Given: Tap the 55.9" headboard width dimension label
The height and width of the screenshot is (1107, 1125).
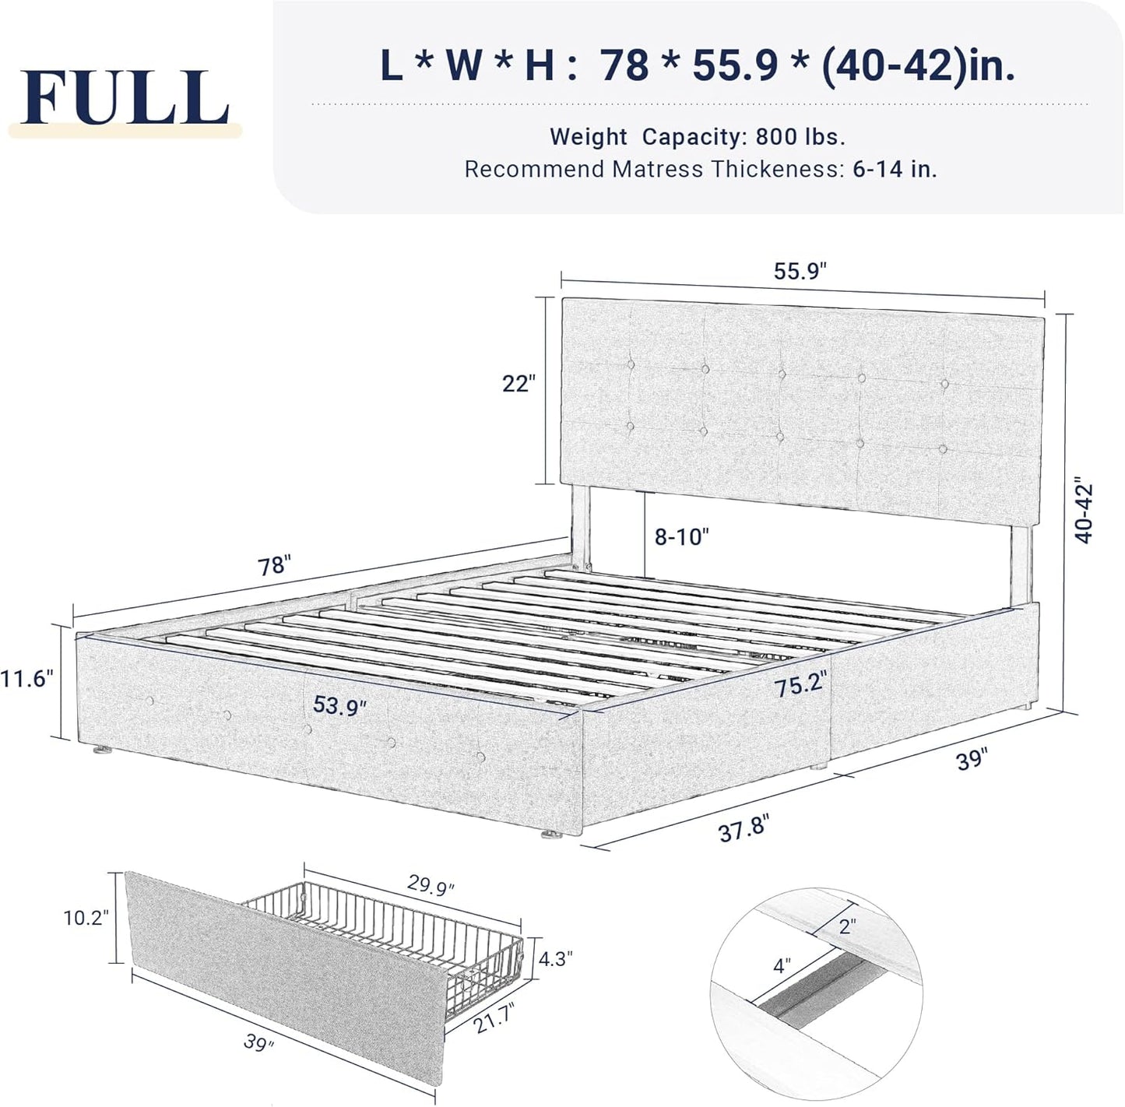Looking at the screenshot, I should click(x=800, y=271).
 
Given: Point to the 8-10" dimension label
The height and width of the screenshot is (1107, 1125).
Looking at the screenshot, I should click(x=682, y=536).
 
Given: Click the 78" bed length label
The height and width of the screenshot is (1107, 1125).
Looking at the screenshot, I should click(x=274, y=565).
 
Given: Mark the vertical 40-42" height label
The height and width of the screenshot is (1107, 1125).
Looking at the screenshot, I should click(x=1083, y=511).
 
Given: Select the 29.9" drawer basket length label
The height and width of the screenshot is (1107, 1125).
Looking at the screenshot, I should click(x=431, y=886).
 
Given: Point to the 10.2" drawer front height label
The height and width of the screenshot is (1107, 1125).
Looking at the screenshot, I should click(x=86, y=918).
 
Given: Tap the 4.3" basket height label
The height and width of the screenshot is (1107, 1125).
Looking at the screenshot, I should click(x=556, y=958).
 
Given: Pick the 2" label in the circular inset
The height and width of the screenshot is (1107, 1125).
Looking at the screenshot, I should click(x=847, y=926).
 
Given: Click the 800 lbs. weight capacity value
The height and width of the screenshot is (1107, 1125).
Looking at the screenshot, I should click(x=800, y=137).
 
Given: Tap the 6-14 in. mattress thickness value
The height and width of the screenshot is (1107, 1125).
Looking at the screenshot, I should click(x=895, y=169).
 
